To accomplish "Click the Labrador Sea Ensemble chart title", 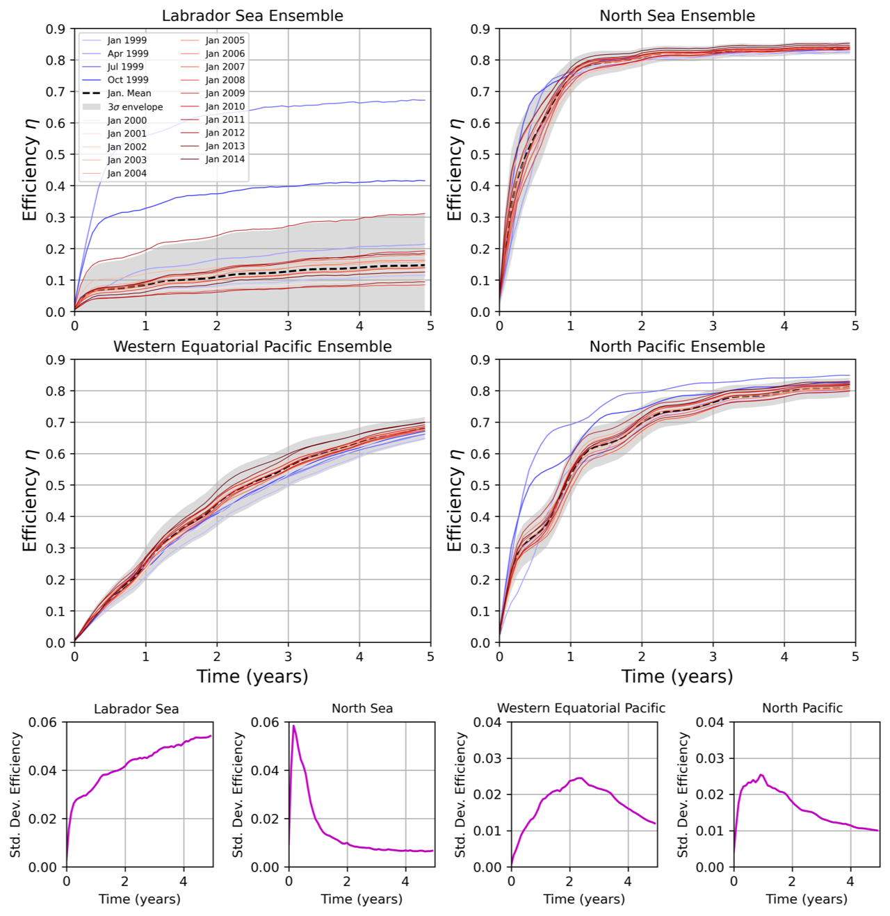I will [x=252, y=16].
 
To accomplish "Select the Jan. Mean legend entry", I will [x=129, y=93].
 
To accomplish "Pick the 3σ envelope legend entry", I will [x=135, y=107].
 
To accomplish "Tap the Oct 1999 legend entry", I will [x=127, y=80].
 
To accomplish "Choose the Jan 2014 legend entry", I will [x=225, y=159].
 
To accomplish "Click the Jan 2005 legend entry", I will [x=225, y=40].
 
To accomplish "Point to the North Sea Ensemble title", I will [x=677, y=16].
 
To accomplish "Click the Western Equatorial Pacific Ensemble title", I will [x=252, y=347].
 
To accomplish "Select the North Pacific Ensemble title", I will [x=677, y=347].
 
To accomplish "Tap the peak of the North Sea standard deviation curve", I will [x=293, y=726].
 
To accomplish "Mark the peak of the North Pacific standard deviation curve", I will [x=761, y=775].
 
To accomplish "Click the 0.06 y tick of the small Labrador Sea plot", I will [x=42, y=722].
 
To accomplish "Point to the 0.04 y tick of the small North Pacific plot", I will [x=710, y=722].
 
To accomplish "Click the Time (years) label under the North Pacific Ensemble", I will [x=677, y=676].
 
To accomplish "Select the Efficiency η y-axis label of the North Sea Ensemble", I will [x=455, y=170].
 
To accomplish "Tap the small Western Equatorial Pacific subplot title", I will [x=581, y=708].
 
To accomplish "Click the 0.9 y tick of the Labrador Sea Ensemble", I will [x=56, y=29].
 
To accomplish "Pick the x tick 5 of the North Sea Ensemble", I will [x=855, y=325].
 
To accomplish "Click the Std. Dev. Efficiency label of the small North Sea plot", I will [x=238, y=794].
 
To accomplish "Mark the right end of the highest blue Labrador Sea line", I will [x=424, y=101].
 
